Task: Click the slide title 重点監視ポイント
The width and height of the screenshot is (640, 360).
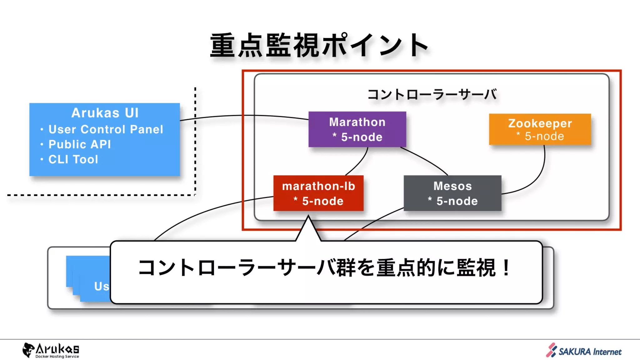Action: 319,46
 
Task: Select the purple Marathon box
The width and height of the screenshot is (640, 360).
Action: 357,129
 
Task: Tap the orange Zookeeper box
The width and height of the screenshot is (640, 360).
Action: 540,129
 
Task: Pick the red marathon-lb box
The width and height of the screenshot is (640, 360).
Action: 318,193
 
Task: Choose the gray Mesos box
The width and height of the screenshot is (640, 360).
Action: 452,193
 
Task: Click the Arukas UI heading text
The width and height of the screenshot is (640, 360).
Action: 105,113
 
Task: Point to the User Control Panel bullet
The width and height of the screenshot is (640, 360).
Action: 106,129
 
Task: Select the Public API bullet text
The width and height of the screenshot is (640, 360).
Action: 80,144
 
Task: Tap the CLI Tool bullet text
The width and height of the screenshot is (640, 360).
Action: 73,159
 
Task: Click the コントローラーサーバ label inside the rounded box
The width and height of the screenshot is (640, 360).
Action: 432,94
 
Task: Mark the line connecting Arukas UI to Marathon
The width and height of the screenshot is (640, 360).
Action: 244,116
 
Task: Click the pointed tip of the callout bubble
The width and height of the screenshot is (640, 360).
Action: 308,217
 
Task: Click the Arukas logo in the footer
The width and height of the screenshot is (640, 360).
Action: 51,350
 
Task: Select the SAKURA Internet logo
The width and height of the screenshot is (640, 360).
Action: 584,351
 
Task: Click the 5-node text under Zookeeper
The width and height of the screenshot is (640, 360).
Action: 544,136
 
